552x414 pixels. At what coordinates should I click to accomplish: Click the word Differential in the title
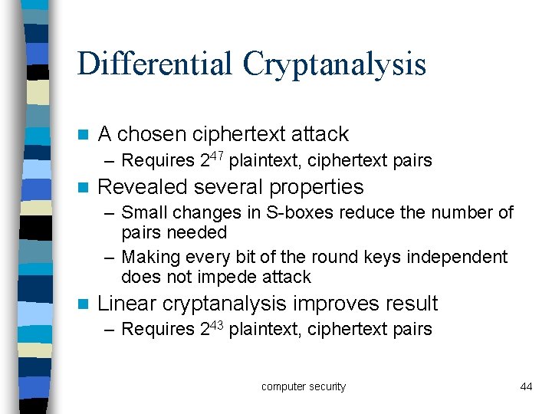[x=156, y=64]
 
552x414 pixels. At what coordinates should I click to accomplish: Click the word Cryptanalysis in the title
[x=334, y=65]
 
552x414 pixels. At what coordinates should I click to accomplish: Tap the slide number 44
[x=526, y=386]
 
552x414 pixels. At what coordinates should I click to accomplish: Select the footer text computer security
[x=304, y=386]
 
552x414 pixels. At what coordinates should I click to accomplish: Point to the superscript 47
[x=217, y=156]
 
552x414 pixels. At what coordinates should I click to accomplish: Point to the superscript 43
[x=217, y=324]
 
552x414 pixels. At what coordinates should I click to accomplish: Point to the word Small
[x=143, y=212]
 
